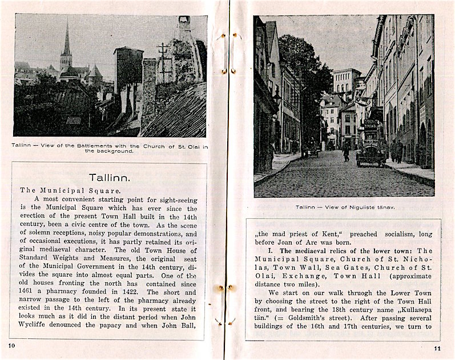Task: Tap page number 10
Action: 13,346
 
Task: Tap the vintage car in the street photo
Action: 372,153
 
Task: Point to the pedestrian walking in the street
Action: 346,151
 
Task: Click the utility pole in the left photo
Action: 164,63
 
